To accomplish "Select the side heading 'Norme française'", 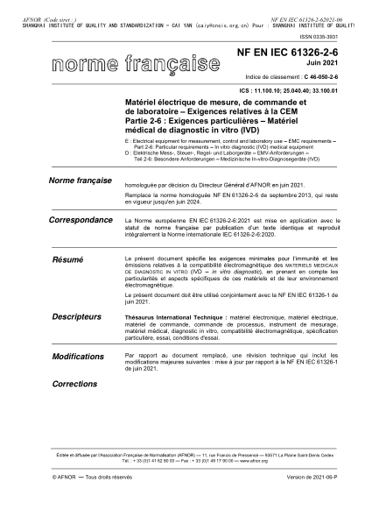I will pyautogui.click(x=76, y=181).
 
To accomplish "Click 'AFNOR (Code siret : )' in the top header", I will pyautogui.click(x=34, y=4).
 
